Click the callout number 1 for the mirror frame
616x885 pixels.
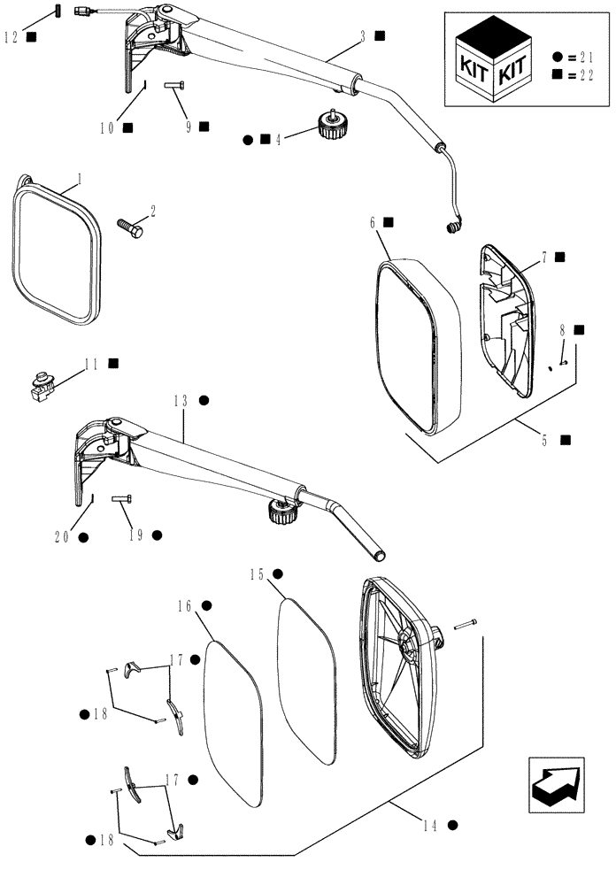(x=79, y=178)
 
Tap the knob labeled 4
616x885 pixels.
(x=329, y=127)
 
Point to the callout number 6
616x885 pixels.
(x=373, y=223)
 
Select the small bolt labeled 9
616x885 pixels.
(x=173, y=86)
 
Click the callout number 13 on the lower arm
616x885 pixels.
(x=184, y=400)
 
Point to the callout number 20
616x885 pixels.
(x=65, y=536)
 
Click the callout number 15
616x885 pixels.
(x=258, y=574)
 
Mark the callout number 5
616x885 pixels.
(x=544, y=439)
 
